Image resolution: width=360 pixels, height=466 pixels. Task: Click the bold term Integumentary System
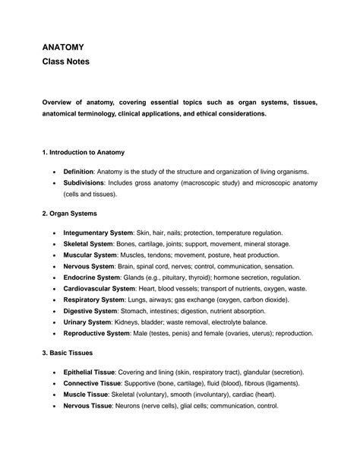[x=98, y=232]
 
